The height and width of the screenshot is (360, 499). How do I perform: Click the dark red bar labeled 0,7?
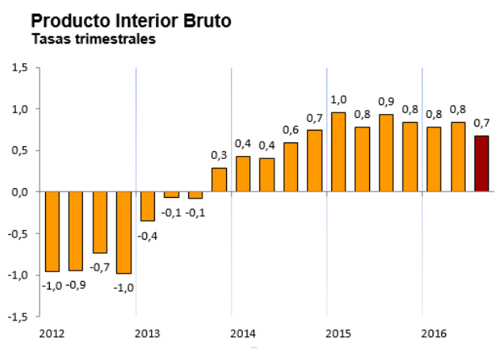[x=482, y=164]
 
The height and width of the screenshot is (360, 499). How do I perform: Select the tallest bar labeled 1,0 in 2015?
[x=338, y=152]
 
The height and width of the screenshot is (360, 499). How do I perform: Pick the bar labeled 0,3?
[x=219, y=180]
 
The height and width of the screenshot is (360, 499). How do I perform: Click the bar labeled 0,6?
[x=290, y=167]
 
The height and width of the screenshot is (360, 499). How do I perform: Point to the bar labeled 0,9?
[x=386, y=153]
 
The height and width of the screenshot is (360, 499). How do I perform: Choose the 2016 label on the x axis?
[x=433, y=333]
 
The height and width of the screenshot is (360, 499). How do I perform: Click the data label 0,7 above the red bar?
[x=482, y=123]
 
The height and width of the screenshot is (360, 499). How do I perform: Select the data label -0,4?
[x=148, y=235]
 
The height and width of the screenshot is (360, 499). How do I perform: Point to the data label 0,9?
[x=386, y=101]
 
